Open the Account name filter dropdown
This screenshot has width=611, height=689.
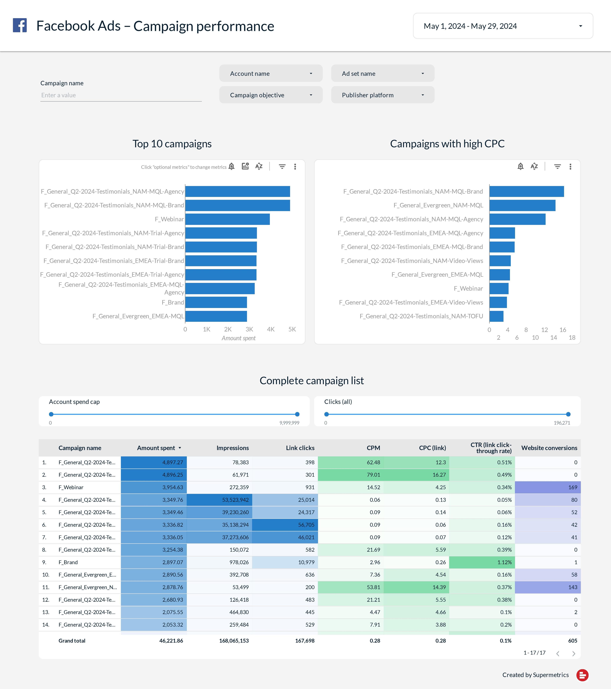click(271, 73)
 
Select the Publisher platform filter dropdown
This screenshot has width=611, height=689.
click(383, 95)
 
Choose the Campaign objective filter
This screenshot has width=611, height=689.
click(271, 95)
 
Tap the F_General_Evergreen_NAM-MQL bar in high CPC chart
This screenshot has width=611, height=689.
click(522, 205)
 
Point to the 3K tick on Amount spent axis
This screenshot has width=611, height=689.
click(249, 329)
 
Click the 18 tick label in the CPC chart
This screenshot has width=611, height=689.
click(572, 337)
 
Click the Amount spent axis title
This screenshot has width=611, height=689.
click(239, 338)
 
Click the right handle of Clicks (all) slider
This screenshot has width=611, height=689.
click(568, 414)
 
